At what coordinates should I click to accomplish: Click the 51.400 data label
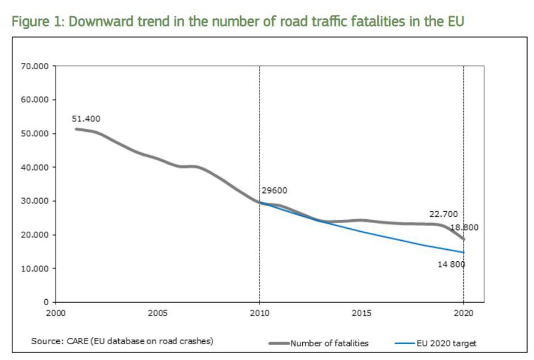[86, 119]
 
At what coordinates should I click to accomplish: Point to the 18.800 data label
[464, 227]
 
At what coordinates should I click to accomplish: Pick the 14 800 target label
[452, 265]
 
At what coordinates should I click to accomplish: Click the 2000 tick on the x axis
[56, 313]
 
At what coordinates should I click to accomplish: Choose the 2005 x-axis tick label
[157, 313]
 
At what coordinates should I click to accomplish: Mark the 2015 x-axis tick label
[361, 313]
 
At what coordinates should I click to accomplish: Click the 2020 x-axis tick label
[464, 313]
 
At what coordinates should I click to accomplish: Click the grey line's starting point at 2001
[76, 129]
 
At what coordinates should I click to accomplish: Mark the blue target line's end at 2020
[464, 252]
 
